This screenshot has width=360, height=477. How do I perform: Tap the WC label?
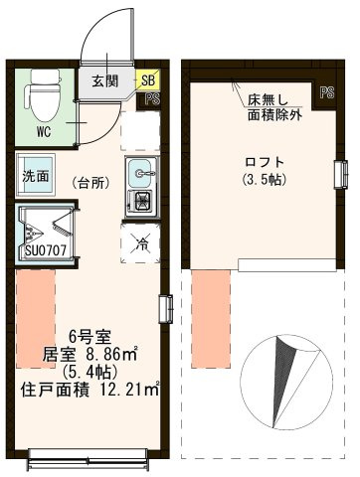44,132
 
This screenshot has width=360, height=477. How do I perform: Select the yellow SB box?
148,80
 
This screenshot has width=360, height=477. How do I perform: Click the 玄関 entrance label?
105,80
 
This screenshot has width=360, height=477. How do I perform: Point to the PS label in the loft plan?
327,92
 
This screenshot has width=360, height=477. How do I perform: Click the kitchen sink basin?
141,173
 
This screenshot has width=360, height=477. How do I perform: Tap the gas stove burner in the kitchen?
141,202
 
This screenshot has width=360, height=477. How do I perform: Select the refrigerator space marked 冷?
141,243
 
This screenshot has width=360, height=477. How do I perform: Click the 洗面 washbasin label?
36,176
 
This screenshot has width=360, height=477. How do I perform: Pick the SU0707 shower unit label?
46,250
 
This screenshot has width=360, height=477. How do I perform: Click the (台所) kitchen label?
90,183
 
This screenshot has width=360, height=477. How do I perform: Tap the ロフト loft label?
265,162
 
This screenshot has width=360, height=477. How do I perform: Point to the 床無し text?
269,100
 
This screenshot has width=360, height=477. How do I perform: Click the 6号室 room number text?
90,337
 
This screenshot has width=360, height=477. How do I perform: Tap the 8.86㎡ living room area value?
111,355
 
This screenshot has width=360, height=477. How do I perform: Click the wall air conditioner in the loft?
342,174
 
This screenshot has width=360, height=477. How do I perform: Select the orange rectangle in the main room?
36,318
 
